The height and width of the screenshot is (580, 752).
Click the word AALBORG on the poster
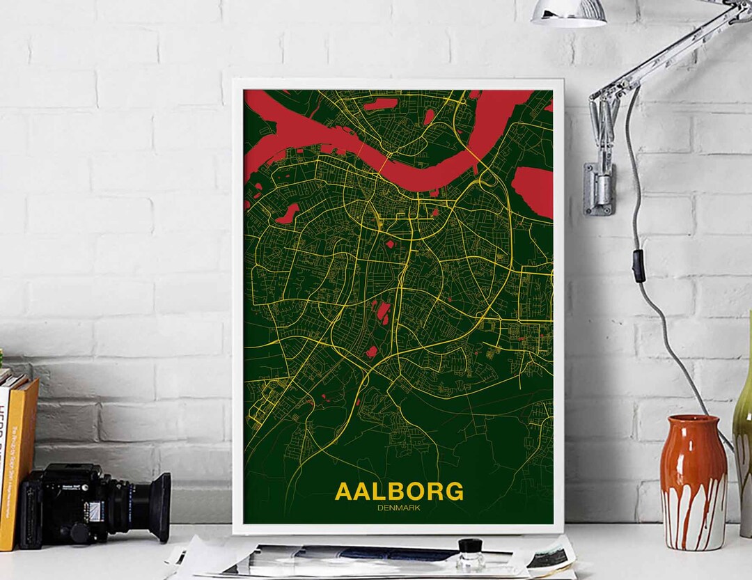pos(398,491)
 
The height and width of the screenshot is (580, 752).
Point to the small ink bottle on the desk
pos(471,555)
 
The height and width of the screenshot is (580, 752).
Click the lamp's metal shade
pos(568,13)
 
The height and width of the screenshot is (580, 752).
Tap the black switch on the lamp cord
pos(638,265)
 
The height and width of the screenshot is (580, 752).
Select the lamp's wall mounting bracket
pos(600,188)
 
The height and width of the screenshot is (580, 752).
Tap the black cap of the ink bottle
pos(471,544)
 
